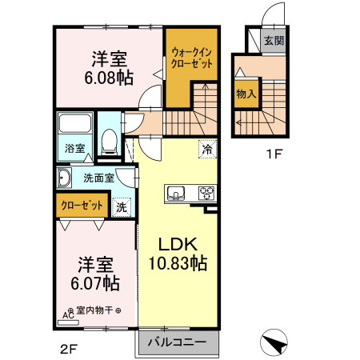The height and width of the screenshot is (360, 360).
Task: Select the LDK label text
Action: click(177, 243)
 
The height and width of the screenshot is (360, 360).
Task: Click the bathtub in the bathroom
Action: click(74, 126)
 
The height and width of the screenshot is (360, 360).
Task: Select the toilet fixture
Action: click(110, 142)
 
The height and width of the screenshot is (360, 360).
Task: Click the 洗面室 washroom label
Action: click(97, 177)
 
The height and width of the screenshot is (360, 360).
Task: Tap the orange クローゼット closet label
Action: click(82, 205)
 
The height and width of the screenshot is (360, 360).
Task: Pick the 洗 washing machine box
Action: click(122, 206)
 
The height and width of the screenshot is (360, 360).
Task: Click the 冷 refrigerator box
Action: click(207, 150)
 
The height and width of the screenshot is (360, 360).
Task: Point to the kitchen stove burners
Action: click(206, 192)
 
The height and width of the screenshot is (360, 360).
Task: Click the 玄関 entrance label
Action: click(274, 40)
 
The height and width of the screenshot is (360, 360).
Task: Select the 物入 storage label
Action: click(246, 94)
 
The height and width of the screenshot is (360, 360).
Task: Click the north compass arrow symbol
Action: click(275, 342)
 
